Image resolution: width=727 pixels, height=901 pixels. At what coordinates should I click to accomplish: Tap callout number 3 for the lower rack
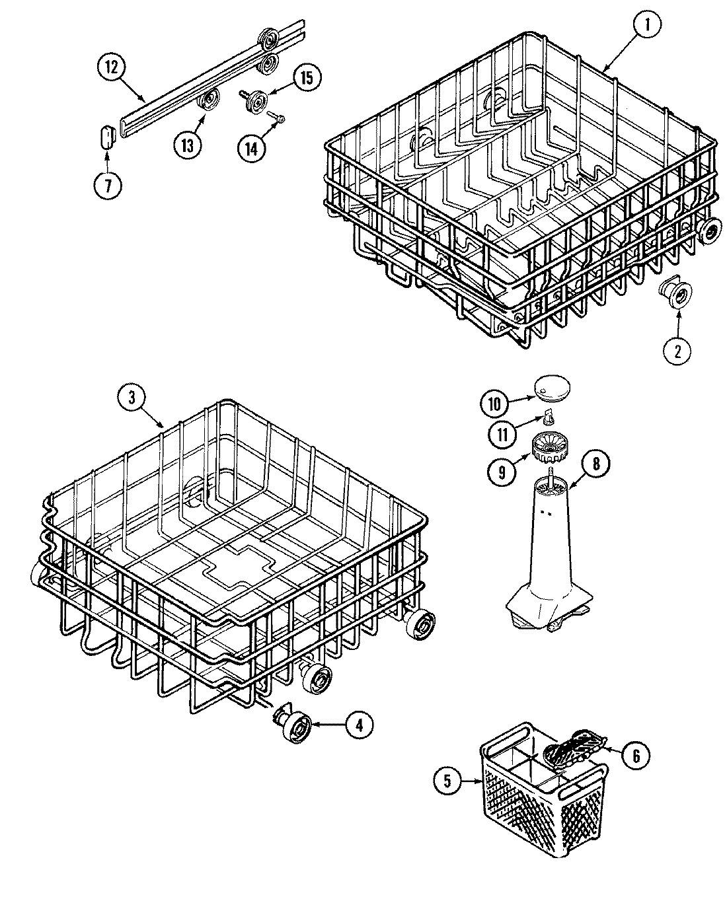[x=132, y=397]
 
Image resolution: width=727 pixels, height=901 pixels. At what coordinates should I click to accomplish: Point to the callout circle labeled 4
[x=358, y=725]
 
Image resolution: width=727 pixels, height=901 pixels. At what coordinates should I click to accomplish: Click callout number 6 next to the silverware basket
[x=636, y=755]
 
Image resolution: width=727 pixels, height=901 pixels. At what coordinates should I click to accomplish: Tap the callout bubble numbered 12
[x=112, y=66]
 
